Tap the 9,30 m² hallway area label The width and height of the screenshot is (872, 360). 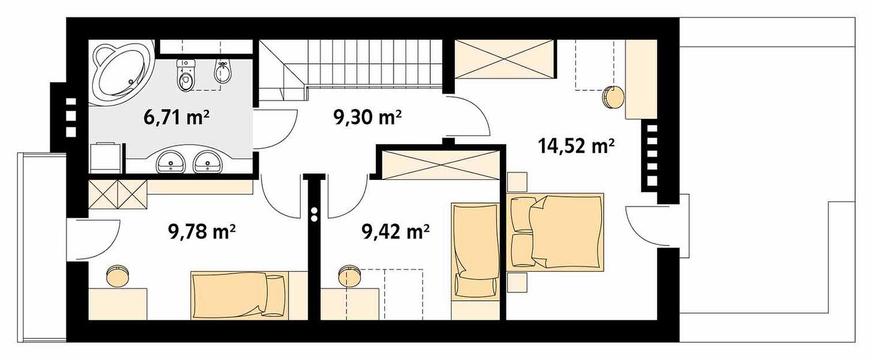367,117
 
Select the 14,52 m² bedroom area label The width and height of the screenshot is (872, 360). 576,147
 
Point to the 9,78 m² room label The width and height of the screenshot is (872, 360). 202,233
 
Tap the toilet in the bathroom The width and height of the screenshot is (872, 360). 185,75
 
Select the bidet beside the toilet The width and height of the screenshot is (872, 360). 222,73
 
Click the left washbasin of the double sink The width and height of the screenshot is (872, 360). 171,161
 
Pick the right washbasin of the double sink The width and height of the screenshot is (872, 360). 208,161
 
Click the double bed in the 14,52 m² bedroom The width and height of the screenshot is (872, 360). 556,232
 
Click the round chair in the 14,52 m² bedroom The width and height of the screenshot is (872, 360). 614,98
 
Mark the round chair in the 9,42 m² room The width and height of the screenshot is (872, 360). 350,276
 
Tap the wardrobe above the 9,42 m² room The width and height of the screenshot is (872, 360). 441,165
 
